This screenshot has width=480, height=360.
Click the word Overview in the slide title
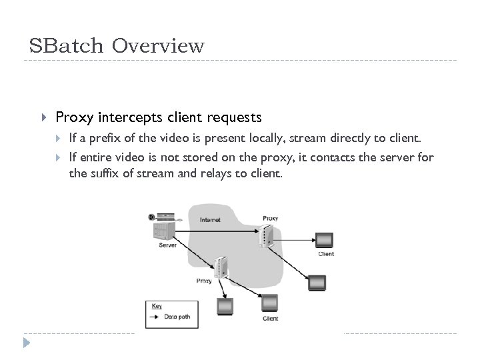coord(158,46)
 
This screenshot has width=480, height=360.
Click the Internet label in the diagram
coord(210,219)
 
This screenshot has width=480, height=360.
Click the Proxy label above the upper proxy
coord(271,218)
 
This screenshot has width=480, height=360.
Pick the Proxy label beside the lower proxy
coord(204,281)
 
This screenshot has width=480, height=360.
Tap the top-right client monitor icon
coord(325,240)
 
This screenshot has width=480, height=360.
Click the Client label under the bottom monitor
coord(270,319)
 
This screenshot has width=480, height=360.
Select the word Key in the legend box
coord(157,307)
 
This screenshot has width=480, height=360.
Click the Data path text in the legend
coord(177,317)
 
